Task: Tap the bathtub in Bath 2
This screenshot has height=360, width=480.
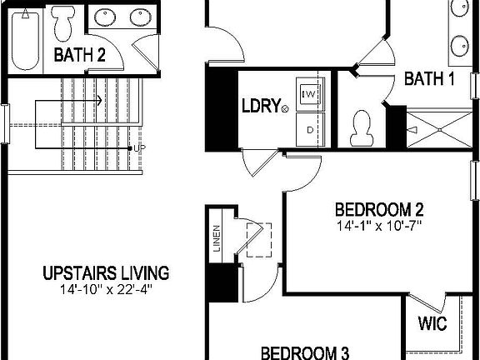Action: [27, 39]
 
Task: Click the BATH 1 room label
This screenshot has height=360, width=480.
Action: [429, 79]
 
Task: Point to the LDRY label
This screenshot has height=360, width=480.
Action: [258, 107]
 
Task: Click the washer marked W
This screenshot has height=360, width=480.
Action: [309, 92]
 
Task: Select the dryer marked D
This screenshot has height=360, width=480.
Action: [309, 130]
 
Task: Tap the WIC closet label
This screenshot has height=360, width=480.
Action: [432, 322]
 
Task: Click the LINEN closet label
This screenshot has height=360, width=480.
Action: [216, 240]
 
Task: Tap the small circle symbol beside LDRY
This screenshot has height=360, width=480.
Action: [285, 108]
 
